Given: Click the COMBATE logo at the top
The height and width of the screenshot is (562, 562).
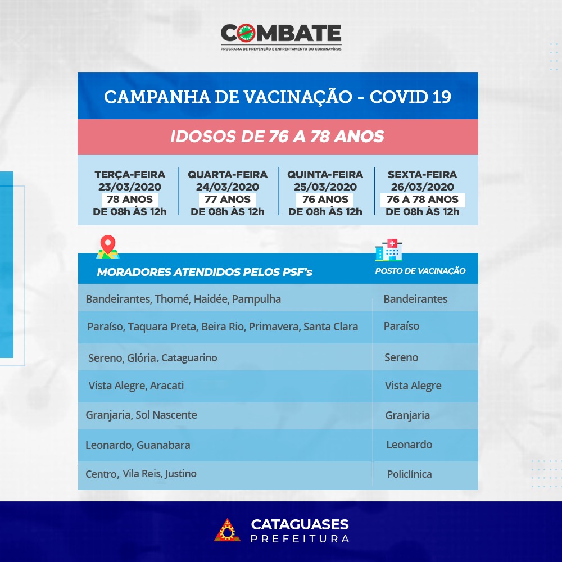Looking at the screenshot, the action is (x=281, y=37).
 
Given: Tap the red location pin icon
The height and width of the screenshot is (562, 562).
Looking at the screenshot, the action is (x=108, y=247).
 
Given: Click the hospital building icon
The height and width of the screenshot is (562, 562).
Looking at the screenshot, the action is (x=388, y=250).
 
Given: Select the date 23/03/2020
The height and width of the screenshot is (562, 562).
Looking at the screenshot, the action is (x=130, y=187).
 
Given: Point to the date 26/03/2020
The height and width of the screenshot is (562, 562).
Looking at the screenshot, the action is (x=423, y=187).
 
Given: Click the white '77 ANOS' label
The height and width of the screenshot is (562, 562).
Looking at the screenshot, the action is (x=228, y=200).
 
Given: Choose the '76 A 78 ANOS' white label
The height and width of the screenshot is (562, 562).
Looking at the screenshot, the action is (x=423, y=200).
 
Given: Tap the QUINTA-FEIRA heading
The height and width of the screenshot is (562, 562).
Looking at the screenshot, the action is (x=325, y=175).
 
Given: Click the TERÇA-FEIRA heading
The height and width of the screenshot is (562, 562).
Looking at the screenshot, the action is (x=130, y=175).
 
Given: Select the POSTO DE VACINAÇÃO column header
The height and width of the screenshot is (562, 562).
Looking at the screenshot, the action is (x=420, y=271).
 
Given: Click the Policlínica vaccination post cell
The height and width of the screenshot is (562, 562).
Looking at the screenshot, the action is (x=409, y=474).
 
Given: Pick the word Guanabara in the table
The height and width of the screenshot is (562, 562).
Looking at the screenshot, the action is (x=164, y=445).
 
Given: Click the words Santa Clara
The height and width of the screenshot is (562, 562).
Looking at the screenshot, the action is (x=331, y=327).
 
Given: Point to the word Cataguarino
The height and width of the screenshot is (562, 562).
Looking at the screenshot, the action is (x=189, y=357).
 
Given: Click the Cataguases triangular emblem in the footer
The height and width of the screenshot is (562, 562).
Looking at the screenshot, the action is (x=227, y=529).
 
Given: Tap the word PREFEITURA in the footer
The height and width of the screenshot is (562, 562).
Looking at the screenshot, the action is (x=300, y=539).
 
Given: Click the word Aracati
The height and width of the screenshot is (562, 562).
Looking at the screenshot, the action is (x=167, y=386).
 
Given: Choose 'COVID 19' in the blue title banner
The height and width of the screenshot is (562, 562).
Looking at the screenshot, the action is (x=410, y=97).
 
